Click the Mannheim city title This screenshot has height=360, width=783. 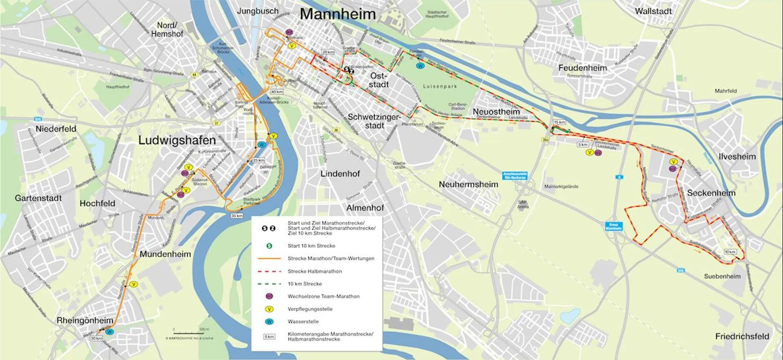pos(338,14)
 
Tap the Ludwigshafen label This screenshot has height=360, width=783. pos(177,140)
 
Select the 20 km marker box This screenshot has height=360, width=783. pos(328,52)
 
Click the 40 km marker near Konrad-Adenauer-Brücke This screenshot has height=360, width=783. pos(277,92)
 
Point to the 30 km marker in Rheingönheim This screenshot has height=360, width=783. pos(96,338)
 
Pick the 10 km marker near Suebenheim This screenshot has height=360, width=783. pos(730,252)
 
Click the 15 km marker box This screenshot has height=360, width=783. pos(560,122)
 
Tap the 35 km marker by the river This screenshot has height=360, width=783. pos(237,215)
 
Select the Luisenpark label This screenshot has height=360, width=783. pos(440,86)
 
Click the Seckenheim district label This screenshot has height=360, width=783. pos(711,193)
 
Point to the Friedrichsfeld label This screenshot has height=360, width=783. pos(742,336)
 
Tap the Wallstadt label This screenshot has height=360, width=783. pos(653,11)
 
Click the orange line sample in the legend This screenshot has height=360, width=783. pos(269,258)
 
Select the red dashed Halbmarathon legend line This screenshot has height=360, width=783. pos(269,271)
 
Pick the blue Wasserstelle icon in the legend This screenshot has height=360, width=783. pos(269,322)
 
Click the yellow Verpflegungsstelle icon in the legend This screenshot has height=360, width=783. pos(269,309)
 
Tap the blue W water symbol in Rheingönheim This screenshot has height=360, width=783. pos(109,332)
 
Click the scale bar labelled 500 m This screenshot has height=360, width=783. pos(188,333)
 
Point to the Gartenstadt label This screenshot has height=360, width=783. pos(38,198)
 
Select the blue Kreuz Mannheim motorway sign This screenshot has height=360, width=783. pos(613,226)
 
